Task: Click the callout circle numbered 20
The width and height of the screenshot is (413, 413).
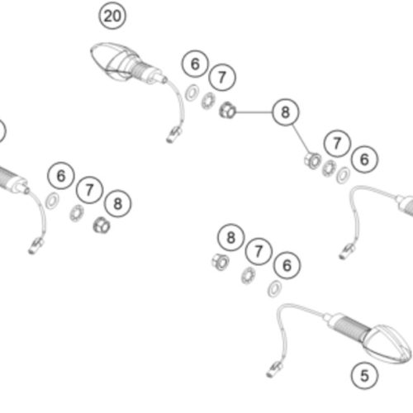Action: click(112, 16)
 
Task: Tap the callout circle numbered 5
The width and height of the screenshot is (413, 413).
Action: click(364, 376)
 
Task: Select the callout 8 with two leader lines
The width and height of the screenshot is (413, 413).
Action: click(286, 112)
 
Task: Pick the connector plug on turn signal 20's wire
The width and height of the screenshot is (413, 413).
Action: click(174, 134)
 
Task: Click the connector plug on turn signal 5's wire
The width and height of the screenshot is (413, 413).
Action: click(274, 369)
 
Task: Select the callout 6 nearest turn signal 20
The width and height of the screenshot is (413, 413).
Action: click(195, 64)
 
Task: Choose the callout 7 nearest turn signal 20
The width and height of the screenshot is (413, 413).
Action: click(222, 78)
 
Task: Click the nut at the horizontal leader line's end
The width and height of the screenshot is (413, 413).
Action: click(227, 110)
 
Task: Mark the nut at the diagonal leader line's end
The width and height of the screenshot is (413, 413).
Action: click(312, 160)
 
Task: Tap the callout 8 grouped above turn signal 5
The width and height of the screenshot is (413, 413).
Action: click(231, 237)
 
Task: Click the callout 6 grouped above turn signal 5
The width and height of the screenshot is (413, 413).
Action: click(287, 265)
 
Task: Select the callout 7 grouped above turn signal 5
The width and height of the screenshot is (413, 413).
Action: click(259, 251)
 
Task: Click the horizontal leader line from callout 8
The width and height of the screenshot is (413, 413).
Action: click(254, 112)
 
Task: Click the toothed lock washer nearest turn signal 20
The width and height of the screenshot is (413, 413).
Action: click(208, 101)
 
